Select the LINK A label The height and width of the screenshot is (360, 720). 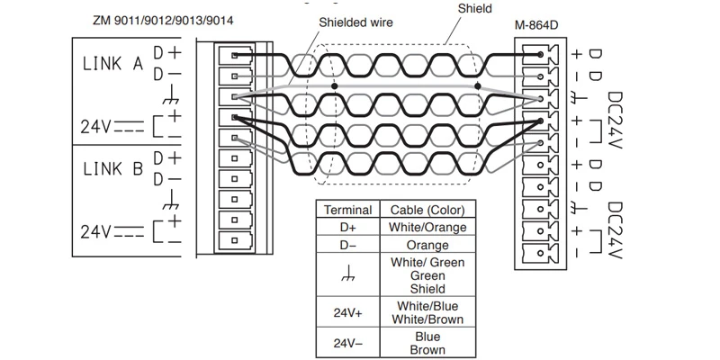[x=112, y=65]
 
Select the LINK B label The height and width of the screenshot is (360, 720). [x=112, y=167]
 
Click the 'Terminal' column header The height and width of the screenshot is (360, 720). [x=346, y=210]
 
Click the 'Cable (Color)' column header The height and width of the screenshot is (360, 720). [x=427, y=210]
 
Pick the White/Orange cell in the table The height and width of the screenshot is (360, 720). [x=427, y=227]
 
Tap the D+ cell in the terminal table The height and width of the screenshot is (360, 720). [x=346, y=227]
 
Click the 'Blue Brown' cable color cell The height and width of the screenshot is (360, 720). [x=427, y=342]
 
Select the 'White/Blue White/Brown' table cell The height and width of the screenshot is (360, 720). [x=427, y=311]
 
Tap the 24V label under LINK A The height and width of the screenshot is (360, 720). [x=94, y=127]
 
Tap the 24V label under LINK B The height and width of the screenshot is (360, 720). [x=94, y=231]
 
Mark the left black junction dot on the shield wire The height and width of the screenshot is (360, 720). [x=334, y=86]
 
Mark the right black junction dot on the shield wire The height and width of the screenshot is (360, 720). [x=478, y=86]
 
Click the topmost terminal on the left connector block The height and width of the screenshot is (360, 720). [x=235, y=55]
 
